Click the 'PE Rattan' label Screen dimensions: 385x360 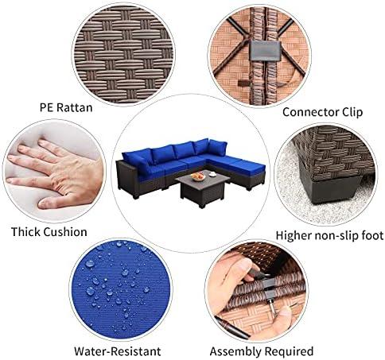(66, 108)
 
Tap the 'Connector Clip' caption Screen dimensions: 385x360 (322, 112)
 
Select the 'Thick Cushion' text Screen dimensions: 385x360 (49, 232)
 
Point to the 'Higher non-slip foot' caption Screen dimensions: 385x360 (329, 235)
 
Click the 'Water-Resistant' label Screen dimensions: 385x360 (118, 351)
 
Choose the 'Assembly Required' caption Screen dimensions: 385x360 (262, 352)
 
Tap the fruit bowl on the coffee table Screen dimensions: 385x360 (198, 176)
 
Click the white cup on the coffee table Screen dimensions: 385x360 (212, 174)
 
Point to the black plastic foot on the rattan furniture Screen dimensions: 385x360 (334, 188)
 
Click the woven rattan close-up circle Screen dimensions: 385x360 (123, 54)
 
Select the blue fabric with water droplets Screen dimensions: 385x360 (121, 289)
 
